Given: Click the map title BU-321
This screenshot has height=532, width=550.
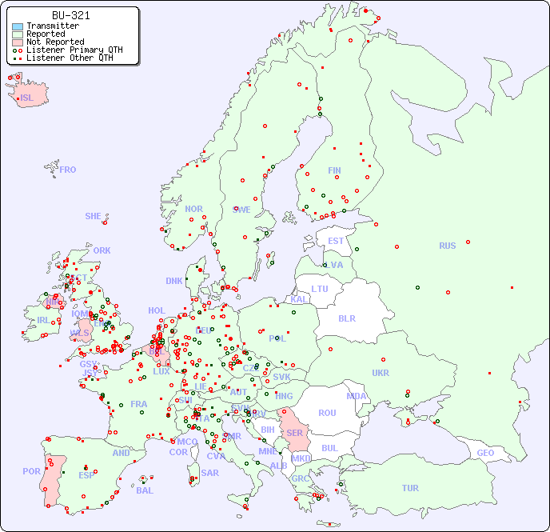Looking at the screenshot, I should point(70,15).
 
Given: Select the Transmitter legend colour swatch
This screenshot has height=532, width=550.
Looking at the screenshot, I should point(18,26).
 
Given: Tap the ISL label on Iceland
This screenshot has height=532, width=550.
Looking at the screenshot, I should point(27,98).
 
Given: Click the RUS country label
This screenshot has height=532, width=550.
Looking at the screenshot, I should point(447,246).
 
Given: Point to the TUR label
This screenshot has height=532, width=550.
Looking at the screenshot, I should point(410,488).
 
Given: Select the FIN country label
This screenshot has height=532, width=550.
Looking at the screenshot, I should point(334,170).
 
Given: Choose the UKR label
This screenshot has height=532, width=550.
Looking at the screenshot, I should point(381,373).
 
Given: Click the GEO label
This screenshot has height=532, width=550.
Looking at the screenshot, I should point(485,454).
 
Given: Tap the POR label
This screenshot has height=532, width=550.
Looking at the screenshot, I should point(31,472).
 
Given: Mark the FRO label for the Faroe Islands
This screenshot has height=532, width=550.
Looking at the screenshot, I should point(68,170).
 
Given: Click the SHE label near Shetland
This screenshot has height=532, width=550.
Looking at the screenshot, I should point(93,216).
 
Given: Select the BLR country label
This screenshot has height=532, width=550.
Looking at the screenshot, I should point(346,318).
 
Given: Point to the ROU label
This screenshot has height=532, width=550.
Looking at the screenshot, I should point(327,413).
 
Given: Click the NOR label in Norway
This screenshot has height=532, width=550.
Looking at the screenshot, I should point(193,210).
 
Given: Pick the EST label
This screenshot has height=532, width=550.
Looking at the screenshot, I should point(336,241).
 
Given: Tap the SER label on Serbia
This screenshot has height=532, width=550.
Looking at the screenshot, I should point(294,433).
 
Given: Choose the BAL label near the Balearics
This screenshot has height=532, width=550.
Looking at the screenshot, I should point(144,490).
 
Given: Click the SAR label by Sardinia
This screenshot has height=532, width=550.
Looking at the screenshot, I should point(209,473).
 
